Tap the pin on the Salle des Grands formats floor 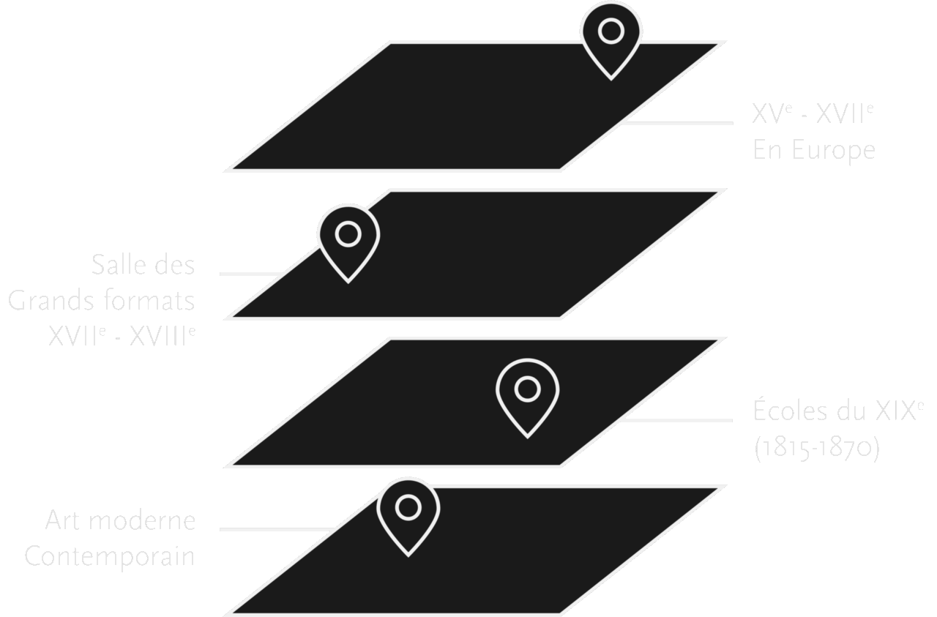pos(348,239)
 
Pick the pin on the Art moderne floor pos(408,512)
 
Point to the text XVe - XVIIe pos(813,115)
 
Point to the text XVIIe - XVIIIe pos(122,336)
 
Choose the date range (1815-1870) pos(815,446)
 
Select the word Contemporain pos(110,556)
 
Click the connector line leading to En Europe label pos(677,123)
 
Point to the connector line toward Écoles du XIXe pos(677,420)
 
